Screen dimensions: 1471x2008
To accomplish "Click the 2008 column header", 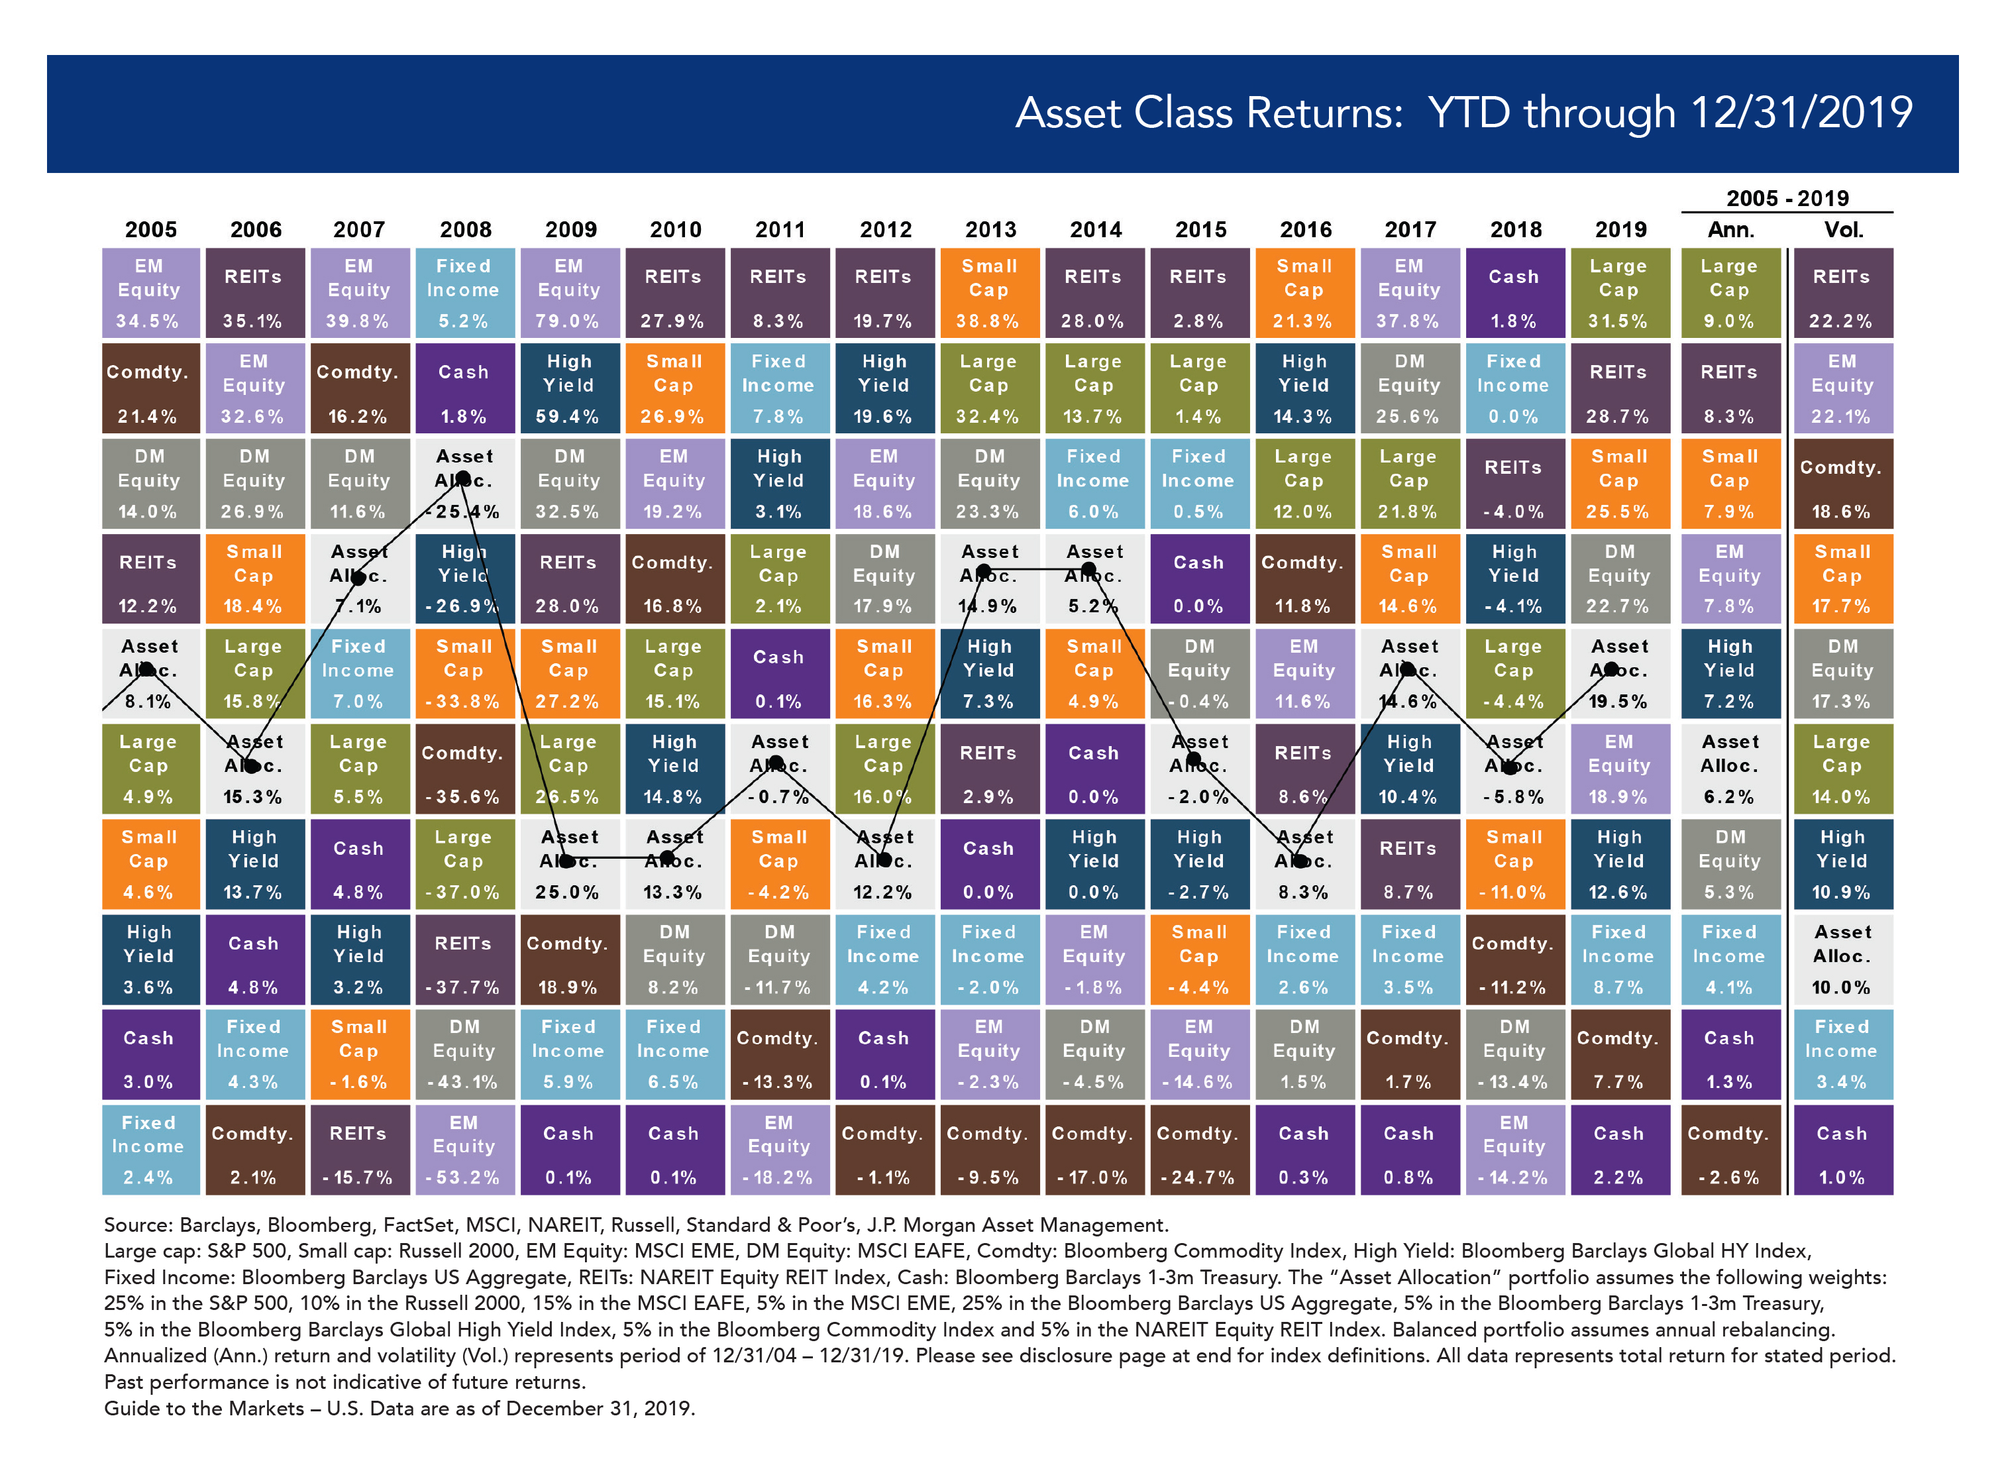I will pyautogui.click(x=466, y=230).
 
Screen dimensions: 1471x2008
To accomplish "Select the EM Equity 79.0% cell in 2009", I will pyautogui.click(x=570, y=293).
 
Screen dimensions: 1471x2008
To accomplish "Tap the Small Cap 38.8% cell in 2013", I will pyautogui.click(x=990, y=293).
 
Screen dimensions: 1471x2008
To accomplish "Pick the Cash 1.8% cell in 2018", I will pyautogui.click(x=1514, y=293).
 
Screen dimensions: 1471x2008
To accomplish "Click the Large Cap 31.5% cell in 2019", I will pyautogui.click(x=1619, y=293).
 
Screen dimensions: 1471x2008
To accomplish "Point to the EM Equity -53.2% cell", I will pyautogui.click(x=464, y=1150).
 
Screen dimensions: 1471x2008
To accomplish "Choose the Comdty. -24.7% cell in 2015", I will pyautogui.click(x=1199, y=1150).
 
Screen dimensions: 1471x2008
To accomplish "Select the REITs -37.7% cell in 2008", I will pyautogui.click(x=464, y=959).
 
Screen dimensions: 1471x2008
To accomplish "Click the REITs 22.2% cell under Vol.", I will pyautogui.click(x=1842, y=293).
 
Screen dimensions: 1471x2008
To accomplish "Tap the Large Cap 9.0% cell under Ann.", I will pyautogui.click(x=1729, y=293).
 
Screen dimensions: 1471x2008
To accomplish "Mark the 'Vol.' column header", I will pyautogui.click(x=1842, y=230).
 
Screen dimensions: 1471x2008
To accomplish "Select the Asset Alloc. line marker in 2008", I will pyautogui.click(x=464, y=479).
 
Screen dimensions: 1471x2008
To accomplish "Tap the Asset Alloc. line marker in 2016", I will pyautogui.click(x=1300, y=860).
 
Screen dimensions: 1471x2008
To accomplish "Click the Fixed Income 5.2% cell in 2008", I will pyautogui.click(x=464, y=293).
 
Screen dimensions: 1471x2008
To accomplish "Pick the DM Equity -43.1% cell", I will pyautogui.click(x=464, y=1054).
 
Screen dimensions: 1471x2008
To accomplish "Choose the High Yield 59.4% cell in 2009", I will pyautogui.click(x=570, y=388).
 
